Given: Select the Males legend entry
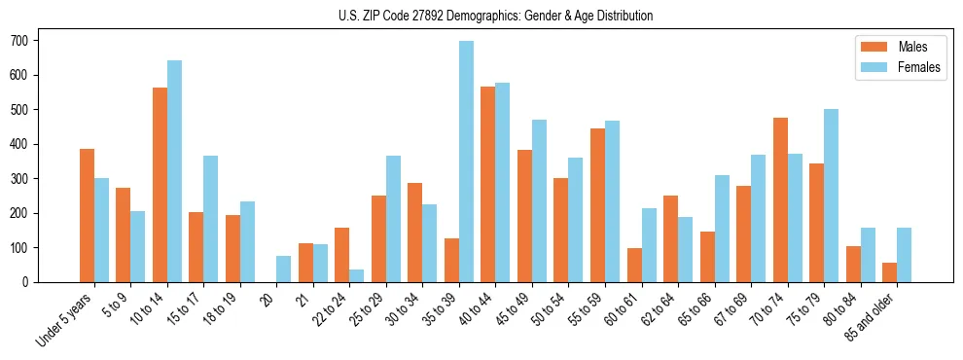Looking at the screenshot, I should (x=899, y=47).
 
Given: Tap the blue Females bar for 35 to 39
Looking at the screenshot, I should (x=466, y=162).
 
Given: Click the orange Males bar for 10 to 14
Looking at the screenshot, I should (x=160, y=185).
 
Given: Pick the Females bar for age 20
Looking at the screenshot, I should (x=284, y=270).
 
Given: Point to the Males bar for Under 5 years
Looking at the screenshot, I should (x=87, y=216).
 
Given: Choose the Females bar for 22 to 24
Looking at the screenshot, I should (x=357, y=275).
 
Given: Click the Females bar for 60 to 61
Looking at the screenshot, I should (x=649, y=245).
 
